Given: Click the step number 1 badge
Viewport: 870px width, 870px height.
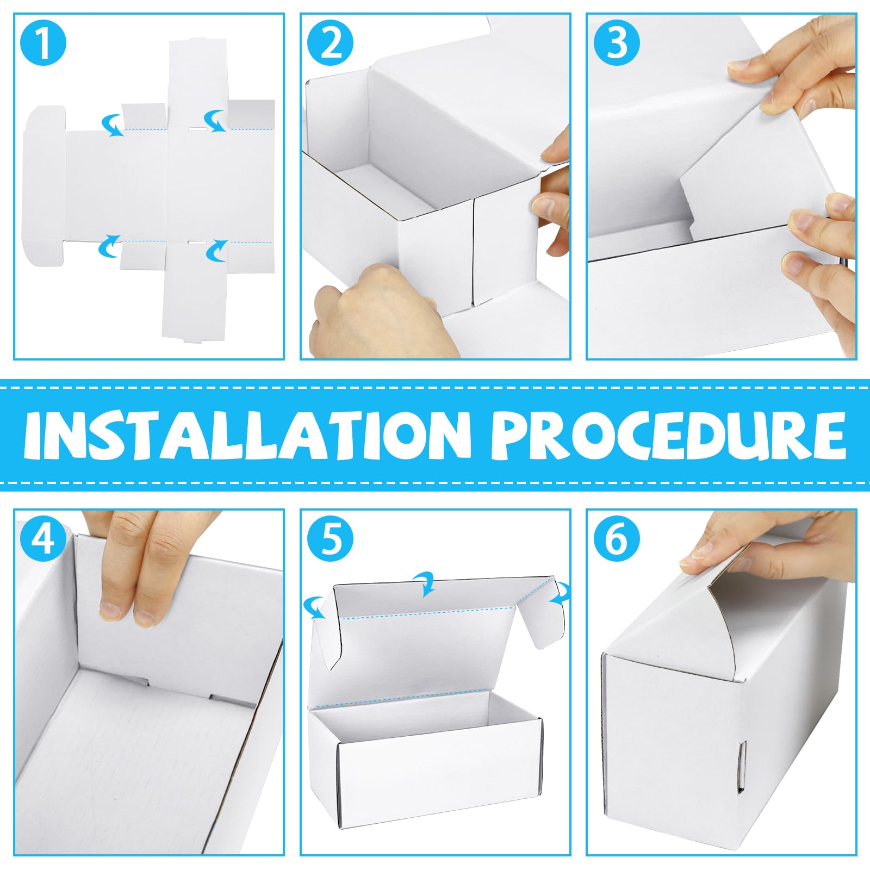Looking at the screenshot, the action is tap(43, 43).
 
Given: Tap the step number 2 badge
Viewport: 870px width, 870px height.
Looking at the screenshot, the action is tap(330, 43).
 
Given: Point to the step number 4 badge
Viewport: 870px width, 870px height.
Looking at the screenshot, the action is tap(43, 539).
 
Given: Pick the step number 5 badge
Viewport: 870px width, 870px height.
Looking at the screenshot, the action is tap(330, 539).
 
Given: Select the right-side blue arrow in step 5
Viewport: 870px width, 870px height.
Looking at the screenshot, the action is tap(561, 593).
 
